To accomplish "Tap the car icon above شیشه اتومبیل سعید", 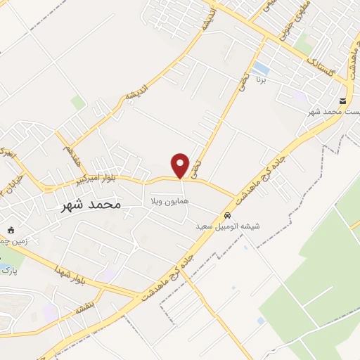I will click(227, 215).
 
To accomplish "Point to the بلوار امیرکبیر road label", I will click(94, 182).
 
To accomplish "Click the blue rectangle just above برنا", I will click(262, 68).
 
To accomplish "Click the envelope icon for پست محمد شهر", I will click(342, 101).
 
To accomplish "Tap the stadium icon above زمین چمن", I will click(10, 229).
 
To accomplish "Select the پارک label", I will click(7, 269).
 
